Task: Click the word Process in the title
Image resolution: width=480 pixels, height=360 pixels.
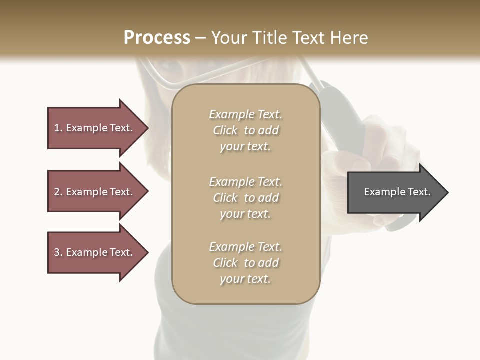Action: pyautogui.click(x=157, y=37)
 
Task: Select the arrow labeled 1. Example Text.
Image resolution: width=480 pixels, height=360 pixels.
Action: pyautogui.click(x=93, y=128)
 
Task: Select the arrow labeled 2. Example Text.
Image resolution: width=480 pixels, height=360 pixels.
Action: pyautogui.click(x=93, y=192)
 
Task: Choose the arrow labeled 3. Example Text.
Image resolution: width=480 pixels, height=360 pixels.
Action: pyautogui.click(x=93, y=252)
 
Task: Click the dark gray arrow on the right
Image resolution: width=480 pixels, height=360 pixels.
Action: pyautogui.click(x=395, y=192)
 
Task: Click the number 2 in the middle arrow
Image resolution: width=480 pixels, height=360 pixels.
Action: pyautogui.click(x=57, y=192)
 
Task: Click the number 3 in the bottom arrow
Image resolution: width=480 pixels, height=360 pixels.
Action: pyautogui.click(x=57, y=252)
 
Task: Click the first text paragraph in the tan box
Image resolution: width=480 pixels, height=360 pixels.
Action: pyautogui.click(x=245, y=130)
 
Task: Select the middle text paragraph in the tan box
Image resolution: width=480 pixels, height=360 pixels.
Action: pyautogui.click(x=245, y=198)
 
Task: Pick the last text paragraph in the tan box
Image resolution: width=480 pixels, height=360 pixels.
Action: pyautogui.click(x=245, y=263)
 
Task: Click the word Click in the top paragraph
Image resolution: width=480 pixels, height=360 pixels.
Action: pyautogui.click(x=225, y=130)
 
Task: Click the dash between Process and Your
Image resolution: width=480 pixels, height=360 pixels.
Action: pyautogui.click(x=201, y=38)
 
